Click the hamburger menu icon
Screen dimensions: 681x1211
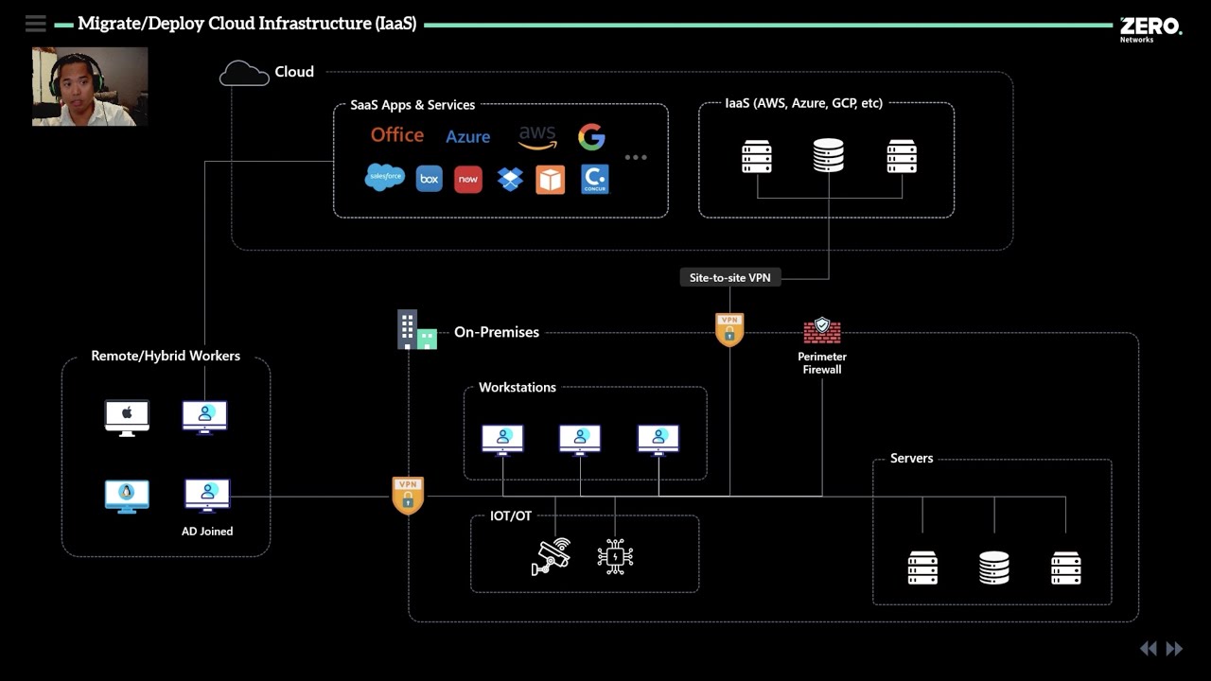[36, 24]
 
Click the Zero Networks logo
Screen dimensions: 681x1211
[1150, 28]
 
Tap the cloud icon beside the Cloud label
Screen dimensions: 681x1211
[244, 73]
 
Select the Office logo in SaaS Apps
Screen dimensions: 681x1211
[397, 135]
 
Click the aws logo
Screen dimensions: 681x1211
[537, 138]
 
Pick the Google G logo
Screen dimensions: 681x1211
[591, 137]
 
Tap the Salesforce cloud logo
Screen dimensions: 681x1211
[385, 177]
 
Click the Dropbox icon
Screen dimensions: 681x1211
[510, 179]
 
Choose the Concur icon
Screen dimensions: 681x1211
[595, 179]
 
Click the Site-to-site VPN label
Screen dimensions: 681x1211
[729, 277]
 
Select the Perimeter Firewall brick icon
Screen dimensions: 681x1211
[822, 330]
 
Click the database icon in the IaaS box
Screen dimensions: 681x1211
[829, 156]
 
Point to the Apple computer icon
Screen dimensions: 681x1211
[127, 416]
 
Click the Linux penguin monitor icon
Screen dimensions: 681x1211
[127, 496]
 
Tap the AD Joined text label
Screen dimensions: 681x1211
[207, 532]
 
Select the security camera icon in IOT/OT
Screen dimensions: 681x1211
[551, 557]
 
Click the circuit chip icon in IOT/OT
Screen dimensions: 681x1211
[615, 557]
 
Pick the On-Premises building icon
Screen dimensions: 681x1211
[416, 330]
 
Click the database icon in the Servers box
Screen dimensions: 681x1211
[993, 567]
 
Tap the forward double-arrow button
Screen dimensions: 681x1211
[1174, 649]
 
